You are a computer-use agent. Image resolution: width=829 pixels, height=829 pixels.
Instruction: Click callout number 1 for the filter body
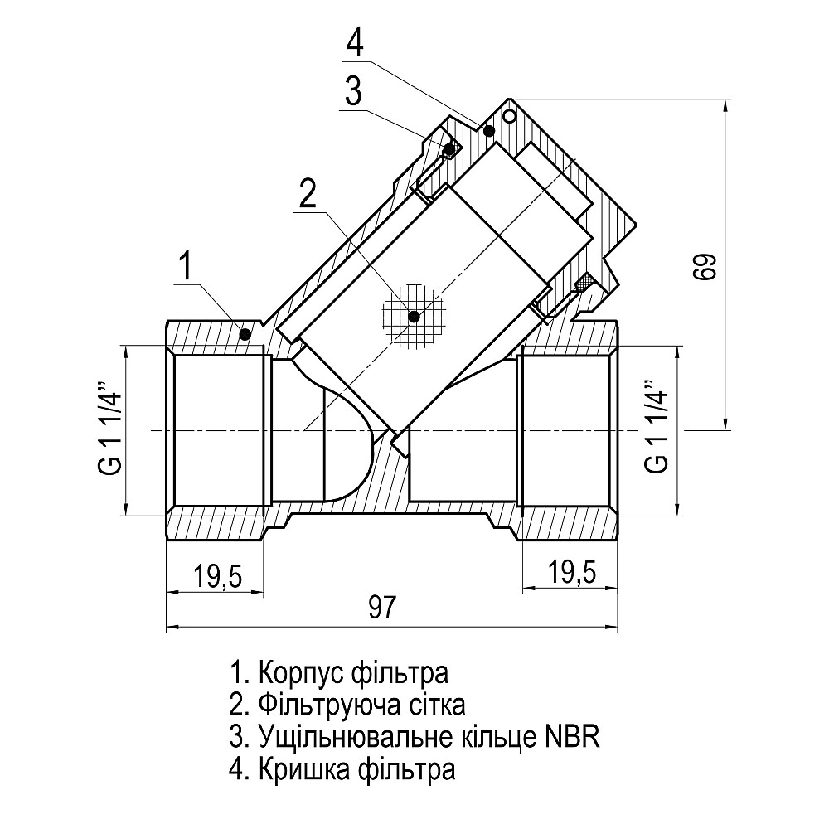186,267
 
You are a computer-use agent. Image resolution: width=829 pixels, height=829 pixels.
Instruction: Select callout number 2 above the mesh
308,194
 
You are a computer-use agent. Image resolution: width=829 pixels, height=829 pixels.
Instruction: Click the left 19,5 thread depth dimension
217,574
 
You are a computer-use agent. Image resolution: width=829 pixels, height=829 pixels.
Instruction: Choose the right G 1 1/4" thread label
655,429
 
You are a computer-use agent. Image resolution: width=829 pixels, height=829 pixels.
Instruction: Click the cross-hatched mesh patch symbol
414,315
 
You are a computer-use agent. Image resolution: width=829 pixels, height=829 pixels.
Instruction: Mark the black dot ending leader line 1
245,334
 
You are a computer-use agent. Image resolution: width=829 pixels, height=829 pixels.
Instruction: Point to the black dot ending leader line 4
489,130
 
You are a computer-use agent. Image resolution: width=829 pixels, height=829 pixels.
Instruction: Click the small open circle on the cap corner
511,113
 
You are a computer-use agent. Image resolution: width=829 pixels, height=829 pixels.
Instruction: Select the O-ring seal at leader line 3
449,150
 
